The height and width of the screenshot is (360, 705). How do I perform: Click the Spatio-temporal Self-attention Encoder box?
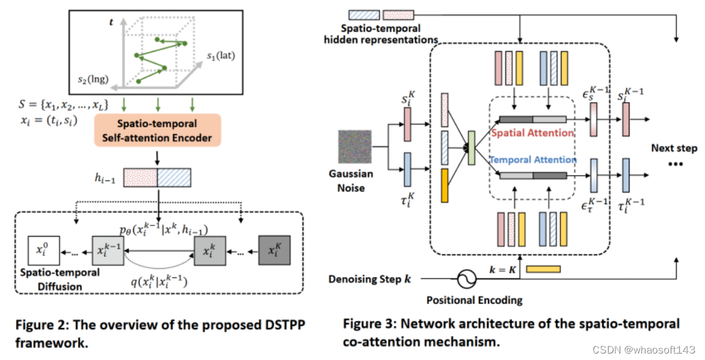click(x=158, y=130)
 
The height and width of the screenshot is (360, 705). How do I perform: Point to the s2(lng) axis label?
click(x=90, y=80)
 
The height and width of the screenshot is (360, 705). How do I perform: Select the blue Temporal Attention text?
click(x=532, y=160)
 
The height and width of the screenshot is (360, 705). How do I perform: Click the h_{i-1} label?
click(x=105, y=179)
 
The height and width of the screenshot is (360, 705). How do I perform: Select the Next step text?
click(x=674, y=148)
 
